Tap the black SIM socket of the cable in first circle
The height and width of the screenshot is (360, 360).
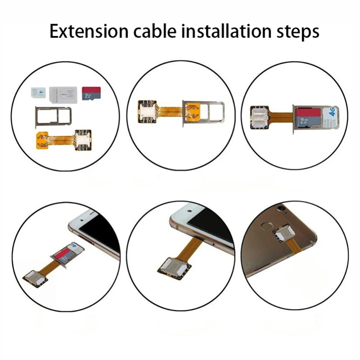click(x=82, y=138)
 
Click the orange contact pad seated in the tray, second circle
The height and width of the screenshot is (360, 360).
click(x=192, y=111)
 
